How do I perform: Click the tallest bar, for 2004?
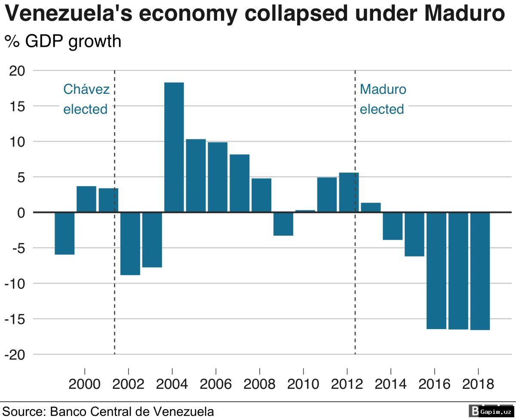pyautogui.click(x=174, y=147)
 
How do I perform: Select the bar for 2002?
pyautogui.click(x=130, y=243)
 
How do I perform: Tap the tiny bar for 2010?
pyautogui.click(x=305, y=211)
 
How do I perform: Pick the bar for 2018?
pyautogui.click(x=480, y=271)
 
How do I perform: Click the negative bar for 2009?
pyautogui.click(x=283, y=224)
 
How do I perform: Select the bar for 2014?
pyautogui.click(x=393, y=226)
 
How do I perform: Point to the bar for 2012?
pyautogui.click(x=349, y=192)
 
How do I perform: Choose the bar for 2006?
pyautogui.click(x=218, y=177)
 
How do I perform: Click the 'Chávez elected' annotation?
pyautogui.click(x=86, y=99)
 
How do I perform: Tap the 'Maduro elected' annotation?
pyautogui.click(x=382, y=99)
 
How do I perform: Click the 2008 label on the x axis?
pyautogui.click(x=259, y=384)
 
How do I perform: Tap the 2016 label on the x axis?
pyautogui.click(x=434, y=384)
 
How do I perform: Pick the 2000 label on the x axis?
pyautogui.click(x=84, y=384)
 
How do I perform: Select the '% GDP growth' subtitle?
pyautogui.click(x=63, y=41)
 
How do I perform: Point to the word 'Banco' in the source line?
pyautogui.click(x=68, y=411)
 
